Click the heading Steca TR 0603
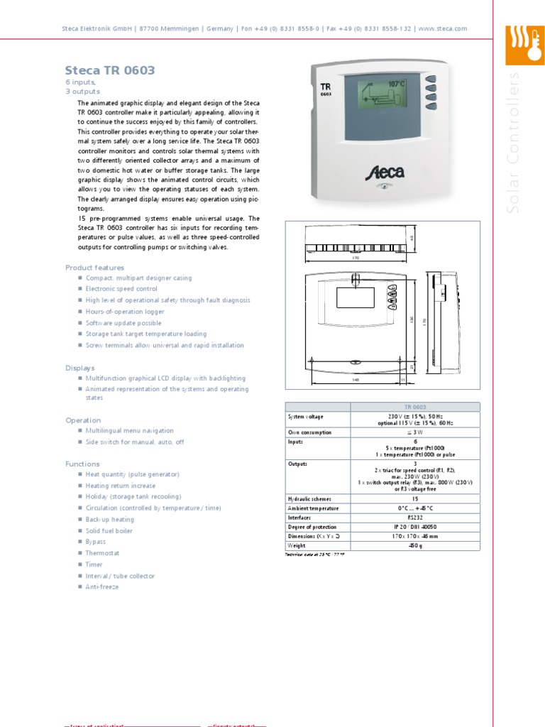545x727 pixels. pyautogui.click(x=109, y=70)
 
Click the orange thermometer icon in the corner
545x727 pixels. pyautogui.click(x=524, y=45)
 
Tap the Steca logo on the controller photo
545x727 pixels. pyautogui.click(x=385, y=173)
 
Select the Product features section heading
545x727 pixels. pyautogui.click(x=94, y=268)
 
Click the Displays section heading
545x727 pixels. pyautogui.click(x=79, y=368)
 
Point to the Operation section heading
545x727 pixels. pyautogui.click(x=83, y=420)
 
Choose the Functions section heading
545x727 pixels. pyautogui.click(x=82, y=464)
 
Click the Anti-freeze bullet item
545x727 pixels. pyautogui.click(x=102, y=587)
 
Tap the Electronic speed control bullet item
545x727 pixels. pyautogui.click(x=121, y=289)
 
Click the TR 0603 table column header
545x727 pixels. pyautogui.click(x=415, y=407)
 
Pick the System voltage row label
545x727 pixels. pyautogui.click(x=304, y=417)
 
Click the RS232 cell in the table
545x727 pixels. pyautogui.click(x=415, y=518)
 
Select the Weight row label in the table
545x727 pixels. pyautogui.click(x=296, y=546)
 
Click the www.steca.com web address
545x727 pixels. pyautogui.click(x=442, y=28)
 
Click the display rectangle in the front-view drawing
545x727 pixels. pyautogui.click(x=355, y=297)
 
